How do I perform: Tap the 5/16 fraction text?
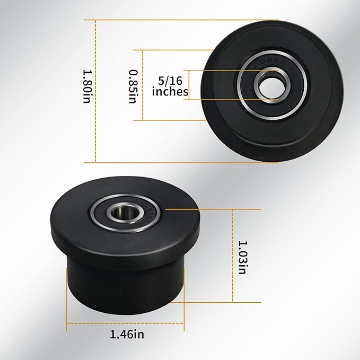pyautogui.click(x=170, y=81)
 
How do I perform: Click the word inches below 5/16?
pyautogui.click(x=170, y=92)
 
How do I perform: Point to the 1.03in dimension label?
pyautogui.click(x=242, y=258)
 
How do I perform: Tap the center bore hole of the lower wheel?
pyautogui.click(x=125, y=213)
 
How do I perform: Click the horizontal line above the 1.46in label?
pyautogui.click(x=126, y=323)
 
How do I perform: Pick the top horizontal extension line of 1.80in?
pyautogui.click(x=159, y=20)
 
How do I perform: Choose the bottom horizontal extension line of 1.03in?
pyautogui.click(x=223, y=302)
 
